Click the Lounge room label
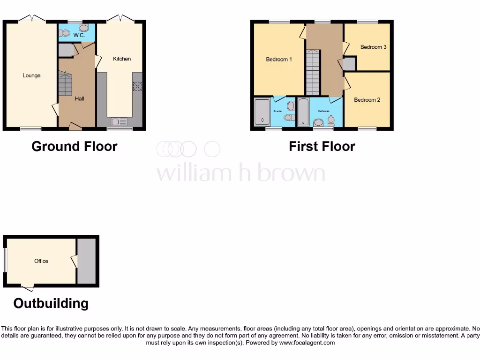click(31, 75)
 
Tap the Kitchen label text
click(122, 59)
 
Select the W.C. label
click(79, 35)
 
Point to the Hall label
click(80, 98)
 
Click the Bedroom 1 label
click(279, 60)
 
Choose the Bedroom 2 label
click(367, 100)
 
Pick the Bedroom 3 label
click(373, 47)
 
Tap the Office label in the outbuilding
click(41, 261)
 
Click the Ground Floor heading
click(74, 146)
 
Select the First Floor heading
click(322, 146)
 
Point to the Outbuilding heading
click(51, 303)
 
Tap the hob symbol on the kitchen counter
click(137, 86)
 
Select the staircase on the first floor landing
click(313, 73)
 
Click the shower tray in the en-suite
click(262, 112)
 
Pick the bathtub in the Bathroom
click(303, 112)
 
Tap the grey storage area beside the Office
click(86, 261)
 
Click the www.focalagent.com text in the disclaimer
click(307, 343)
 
